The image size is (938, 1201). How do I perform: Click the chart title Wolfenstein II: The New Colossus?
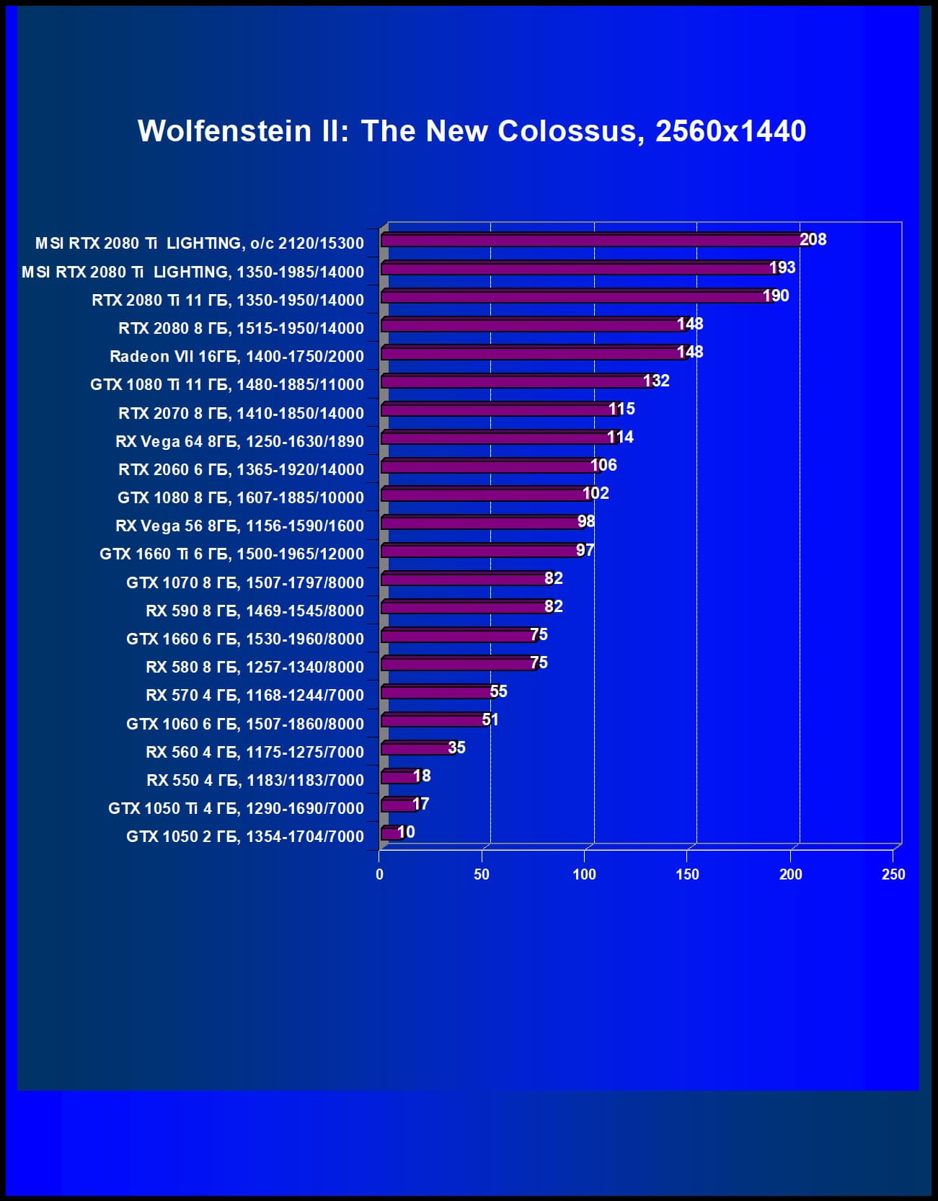(472, 131)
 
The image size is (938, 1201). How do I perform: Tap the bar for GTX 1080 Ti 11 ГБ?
(516, 381)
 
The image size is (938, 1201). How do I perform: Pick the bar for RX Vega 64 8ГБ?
(497, 438)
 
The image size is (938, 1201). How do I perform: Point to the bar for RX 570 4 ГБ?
(437, 692)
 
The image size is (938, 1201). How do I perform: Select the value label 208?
(813, 239)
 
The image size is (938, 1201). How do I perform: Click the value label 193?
(782, 267)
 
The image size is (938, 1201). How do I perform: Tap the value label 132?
(656, 381)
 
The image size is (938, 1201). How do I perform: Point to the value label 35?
(456, 748)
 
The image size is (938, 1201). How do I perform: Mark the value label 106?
(603, 465)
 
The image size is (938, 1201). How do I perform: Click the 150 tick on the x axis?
(687, 874)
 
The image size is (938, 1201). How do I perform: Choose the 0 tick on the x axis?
(380, 874)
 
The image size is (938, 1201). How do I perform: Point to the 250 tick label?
(893, 874)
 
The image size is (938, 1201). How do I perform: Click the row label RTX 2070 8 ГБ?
(241, 413)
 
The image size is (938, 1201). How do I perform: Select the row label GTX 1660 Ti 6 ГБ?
(231, 554)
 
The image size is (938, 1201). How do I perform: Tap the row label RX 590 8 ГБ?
(255, 611)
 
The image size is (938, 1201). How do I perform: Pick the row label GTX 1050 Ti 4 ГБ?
(236, 808)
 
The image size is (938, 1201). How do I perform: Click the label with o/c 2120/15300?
(200, 244)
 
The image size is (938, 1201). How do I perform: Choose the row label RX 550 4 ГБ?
(255, 780)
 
